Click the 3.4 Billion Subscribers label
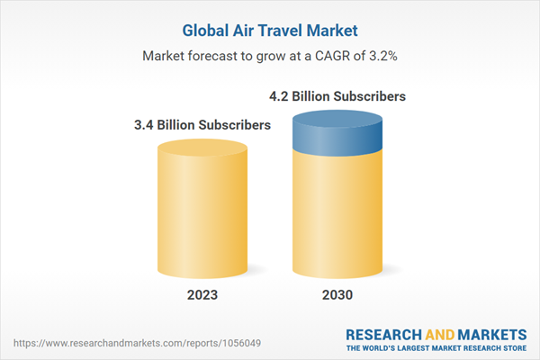[x=202, y=125]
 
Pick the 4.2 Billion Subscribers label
[x=337, y=94]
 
